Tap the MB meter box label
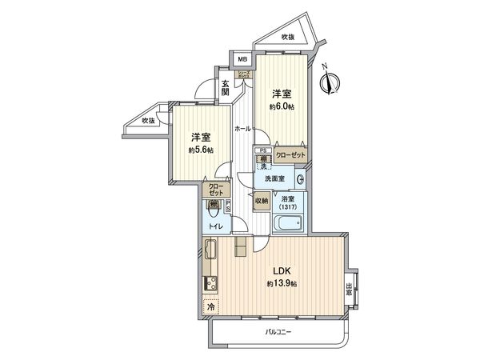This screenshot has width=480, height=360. [x=241, y=59]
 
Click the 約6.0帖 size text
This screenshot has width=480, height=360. [x=282, y=107]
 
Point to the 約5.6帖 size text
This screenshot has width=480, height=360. [x=201, y=150]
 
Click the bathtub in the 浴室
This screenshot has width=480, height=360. [x=286, y=223]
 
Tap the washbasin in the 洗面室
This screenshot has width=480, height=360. [x=299, y=178]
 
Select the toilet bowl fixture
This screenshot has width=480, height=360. [x=214, y=210]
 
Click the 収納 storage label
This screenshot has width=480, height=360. [x=261, y=201]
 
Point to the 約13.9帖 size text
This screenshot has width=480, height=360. [x=282, y=284]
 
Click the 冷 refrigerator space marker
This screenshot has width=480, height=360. [x=210, y=306]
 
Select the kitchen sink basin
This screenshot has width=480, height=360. [x=213, y=254]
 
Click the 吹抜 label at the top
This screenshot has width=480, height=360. [x=288, y=36]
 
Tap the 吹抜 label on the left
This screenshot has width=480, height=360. [x=147, y=121]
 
